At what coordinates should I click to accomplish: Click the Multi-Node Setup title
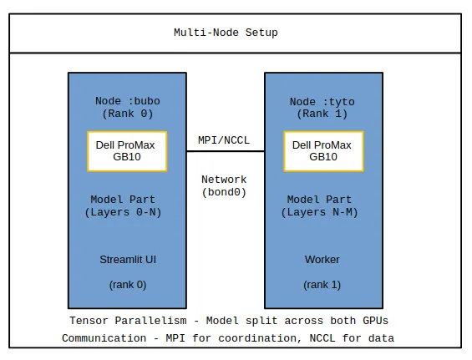tap(226, 33)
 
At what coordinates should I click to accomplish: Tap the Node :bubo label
tap(128, 101)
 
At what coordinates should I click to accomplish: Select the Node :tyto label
tap(322, 102)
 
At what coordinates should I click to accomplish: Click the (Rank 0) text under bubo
tap(128, 114)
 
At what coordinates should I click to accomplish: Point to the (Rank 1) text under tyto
tap(322, 114)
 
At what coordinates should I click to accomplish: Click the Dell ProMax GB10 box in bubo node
tap(127, 151)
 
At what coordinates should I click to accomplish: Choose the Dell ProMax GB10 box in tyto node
tap(323, 151)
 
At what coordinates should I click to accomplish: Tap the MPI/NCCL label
tap(224, 140)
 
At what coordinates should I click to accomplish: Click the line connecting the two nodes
tap(226, 151)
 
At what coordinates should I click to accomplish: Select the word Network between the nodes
tap(224, 180)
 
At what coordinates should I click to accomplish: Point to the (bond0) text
tap(224, 192)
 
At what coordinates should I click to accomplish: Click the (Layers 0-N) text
tap(123, 212)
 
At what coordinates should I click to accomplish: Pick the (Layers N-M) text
tap(319, 212)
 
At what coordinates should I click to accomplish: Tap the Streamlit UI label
tap(128, 260)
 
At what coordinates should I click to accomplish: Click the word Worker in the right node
tap(322, 260)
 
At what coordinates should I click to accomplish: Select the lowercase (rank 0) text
tap(128, 285)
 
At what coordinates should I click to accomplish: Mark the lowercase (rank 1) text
tap(322, 285)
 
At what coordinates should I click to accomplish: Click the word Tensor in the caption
tap(89, 321)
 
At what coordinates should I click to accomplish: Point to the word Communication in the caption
tap(104, 338)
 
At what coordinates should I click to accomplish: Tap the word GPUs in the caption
tap(375, 321)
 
